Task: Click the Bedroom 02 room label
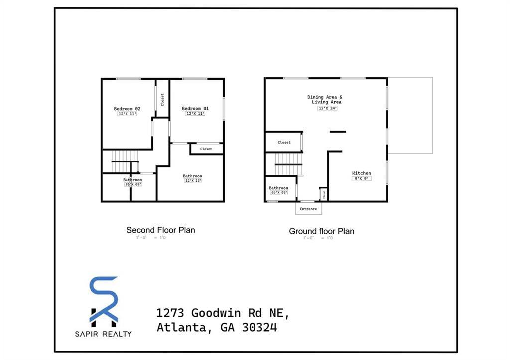127,109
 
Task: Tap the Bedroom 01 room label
195,109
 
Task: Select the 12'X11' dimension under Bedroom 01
195,114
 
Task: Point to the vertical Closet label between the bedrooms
162,99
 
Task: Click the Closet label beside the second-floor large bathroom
206,149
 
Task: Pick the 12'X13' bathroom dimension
192,181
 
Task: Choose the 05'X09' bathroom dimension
133,184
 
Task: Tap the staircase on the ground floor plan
288,164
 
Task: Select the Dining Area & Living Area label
325,99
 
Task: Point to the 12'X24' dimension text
328,108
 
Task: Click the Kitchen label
362,173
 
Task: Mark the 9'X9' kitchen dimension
362,179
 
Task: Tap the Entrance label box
308,209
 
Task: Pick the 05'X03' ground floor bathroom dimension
279,193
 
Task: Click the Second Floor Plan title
161,230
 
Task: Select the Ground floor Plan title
322,231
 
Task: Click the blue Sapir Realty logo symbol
104,299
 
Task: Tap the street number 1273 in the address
171,313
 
